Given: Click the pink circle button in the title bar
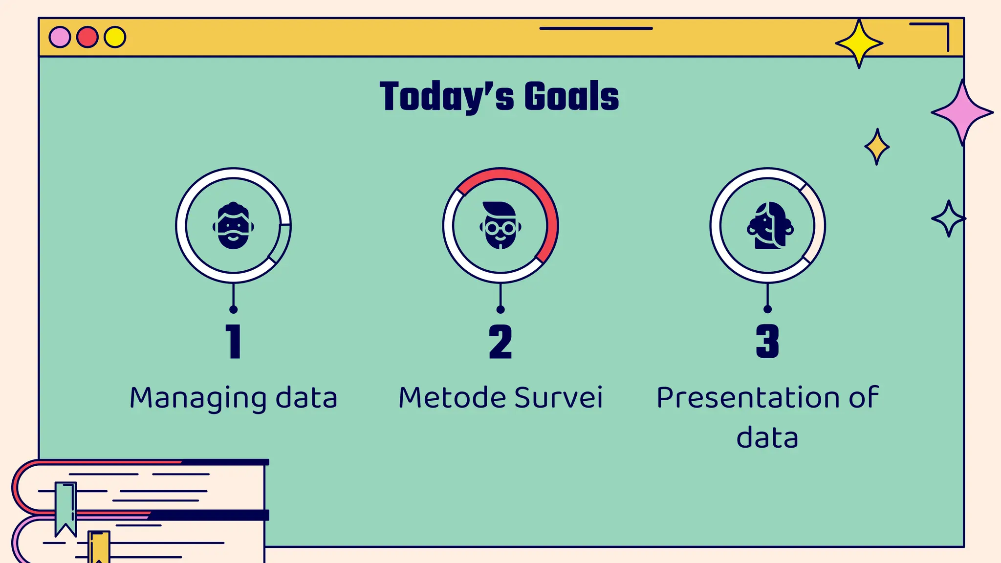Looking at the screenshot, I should [60, 37].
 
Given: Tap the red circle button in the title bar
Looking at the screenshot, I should [87, 37].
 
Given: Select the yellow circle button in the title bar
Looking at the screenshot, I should [115, 37].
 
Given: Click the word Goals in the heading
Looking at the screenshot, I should [571, 96].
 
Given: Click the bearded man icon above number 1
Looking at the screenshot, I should [233, 226].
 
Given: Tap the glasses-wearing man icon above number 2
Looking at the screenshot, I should [500, 226].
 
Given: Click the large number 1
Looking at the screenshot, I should [234, 342].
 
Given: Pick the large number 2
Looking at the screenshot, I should [500, 342].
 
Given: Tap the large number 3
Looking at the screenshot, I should [767, 342].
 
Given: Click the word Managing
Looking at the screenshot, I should [198, 398].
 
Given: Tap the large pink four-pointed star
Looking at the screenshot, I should [962, 113].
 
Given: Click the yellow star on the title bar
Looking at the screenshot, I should [859, 43].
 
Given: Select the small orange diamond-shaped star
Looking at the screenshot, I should [877, 147].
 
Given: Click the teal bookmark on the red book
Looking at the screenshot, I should [65, 506].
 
